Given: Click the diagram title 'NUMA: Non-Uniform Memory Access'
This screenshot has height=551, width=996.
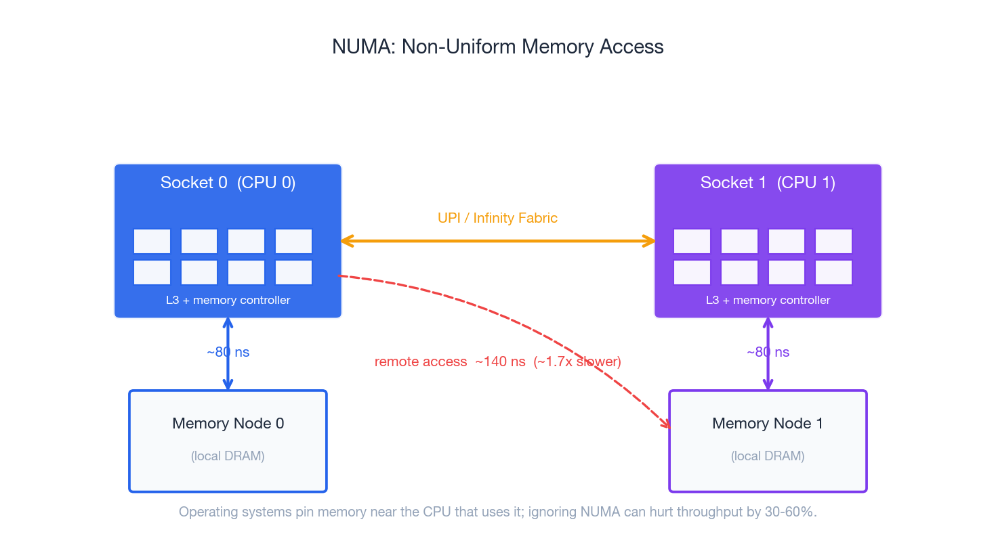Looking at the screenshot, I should click(497, 47).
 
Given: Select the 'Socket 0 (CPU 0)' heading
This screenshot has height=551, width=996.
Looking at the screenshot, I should click(228, 183).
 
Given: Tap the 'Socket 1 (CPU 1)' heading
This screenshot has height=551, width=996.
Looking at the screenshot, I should click(768, 183).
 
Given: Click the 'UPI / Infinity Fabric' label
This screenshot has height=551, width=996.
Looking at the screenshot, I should click(497, 218).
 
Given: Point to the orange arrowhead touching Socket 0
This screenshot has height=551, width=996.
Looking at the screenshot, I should click(346, 241).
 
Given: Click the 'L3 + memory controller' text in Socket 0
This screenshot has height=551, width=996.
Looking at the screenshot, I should click(228, 300).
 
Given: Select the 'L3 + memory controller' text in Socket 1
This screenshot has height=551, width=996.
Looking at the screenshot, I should click(768, 300).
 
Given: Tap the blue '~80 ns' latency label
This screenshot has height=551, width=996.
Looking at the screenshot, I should click(228, 352).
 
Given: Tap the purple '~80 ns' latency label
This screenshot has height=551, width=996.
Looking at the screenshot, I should click(768, 352).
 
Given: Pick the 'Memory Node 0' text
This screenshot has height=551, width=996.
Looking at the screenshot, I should click(228, 423).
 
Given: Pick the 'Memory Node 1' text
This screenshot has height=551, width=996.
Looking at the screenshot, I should click(768, 423).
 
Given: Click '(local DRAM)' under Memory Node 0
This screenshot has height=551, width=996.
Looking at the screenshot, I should click(228, 456).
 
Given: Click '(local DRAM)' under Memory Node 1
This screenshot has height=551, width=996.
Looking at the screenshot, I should click(768, 456).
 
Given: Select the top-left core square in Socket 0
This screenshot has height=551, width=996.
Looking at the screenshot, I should click(152, 241).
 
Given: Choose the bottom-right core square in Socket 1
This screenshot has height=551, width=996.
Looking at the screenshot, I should click(833, 272).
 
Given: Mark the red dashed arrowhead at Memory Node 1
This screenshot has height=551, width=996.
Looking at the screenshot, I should click(666, 424).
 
